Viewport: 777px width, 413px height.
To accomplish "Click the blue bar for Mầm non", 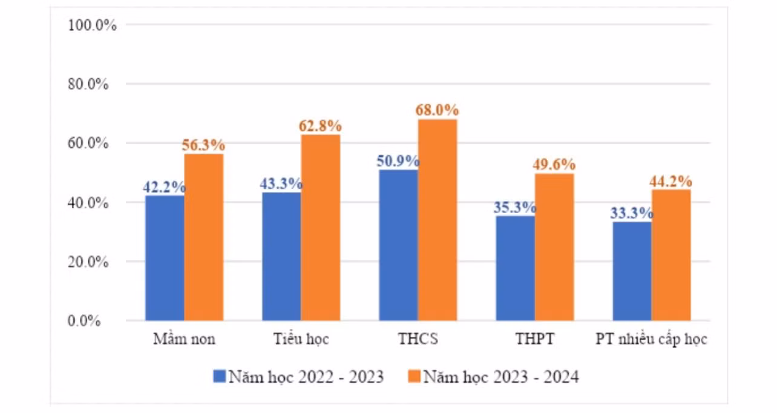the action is (165, 258).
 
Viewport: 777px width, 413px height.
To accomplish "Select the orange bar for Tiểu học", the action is (321, 227).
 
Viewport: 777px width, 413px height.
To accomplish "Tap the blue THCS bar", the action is (399, 245).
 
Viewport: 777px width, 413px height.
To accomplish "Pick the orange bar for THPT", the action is (554, 247).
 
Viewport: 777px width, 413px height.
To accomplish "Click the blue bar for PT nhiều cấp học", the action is (632, 271).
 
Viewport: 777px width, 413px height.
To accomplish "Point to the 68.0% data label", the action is (437, 110).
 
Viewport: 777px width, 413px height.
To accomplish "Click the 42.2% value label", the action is (165, 187).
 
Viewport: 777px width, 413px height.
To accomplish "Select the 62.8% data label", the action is (320, 126).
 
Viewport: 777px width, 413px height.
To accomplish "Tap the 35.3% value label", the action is (515, 208).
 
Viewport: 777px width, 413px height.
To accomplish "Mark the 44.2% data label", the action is (671, 182).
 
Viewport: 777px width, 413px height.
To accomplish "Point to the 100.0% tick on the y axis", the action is (92, 25).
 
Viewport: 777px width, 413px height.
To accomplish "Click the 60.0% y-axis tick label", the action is (88, 143).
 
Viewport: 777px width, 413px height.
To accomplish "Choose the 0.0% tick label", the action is (84, 321).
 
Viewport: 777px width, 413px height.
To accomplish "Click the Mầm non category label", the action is (184, 339).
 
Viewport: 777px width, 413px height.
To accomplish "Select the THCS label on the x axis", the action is (418, 339).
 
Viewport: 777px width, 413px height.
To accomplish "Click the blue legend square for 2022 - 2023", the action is (219, 376).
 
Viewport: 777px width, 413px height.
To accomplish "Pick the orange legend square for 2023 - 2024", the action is (414, 376).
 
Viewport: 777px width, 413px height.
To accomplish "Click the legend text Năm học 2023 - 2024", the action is (501, 377).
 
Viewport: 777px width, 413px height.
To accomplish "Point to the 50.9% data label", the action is (398, 161).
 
